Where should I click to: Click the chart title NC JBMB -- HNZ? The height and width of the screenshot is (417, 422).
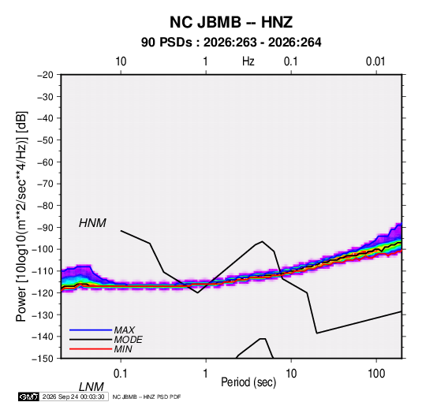point(231,22)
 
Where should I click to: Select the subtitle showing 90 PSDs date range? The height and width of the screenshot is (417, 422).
point(231,43)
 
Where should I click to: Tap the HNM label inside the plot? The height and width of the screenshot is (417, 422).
point(92,223)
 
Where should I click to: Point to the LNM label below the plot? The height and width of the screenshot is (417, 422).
point(91,387)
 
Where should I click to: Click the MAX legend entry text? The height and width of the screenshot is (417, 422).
point(124,330)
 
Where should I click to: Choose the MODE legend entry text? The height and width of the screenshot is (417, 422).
point(128,340)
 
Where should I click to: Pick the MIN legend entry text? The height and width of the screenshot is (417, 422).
point(123,349)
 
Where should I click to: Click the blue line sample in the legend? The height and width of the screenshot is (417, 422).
point(91,330)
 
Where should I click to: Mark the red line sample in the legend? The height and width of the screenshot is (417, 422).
point(91,349)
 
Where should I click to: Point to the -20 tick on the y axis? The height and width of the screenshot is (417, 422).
point(45,75)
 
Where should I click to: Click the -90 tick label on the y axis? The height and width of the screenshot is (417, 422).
point(45,228)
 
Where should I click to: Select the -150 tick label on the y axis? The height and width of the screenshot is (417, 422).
point(43,359)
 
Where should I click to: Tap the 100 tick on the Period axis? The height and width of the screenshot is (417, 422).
point(376,374)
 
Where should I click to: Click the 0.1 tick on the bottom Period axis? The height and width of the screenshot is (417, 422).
point(121,374)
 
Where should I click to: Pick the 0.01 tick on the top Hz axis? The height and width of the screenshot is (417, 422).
point(375,61)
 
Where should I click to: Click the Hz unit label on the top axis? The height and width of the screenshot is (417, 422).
point(248,61)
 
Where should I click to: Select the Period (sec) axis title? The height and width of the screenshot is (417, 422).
point(248,382)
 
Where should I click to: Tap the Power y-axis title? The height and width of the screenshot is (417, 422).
point(21,217)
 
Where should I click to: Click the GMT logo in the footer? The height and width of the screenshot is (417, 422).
point(28,397)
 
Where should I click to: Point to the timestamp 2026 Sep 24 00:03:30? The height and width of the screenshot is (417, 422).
point(73,397)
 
